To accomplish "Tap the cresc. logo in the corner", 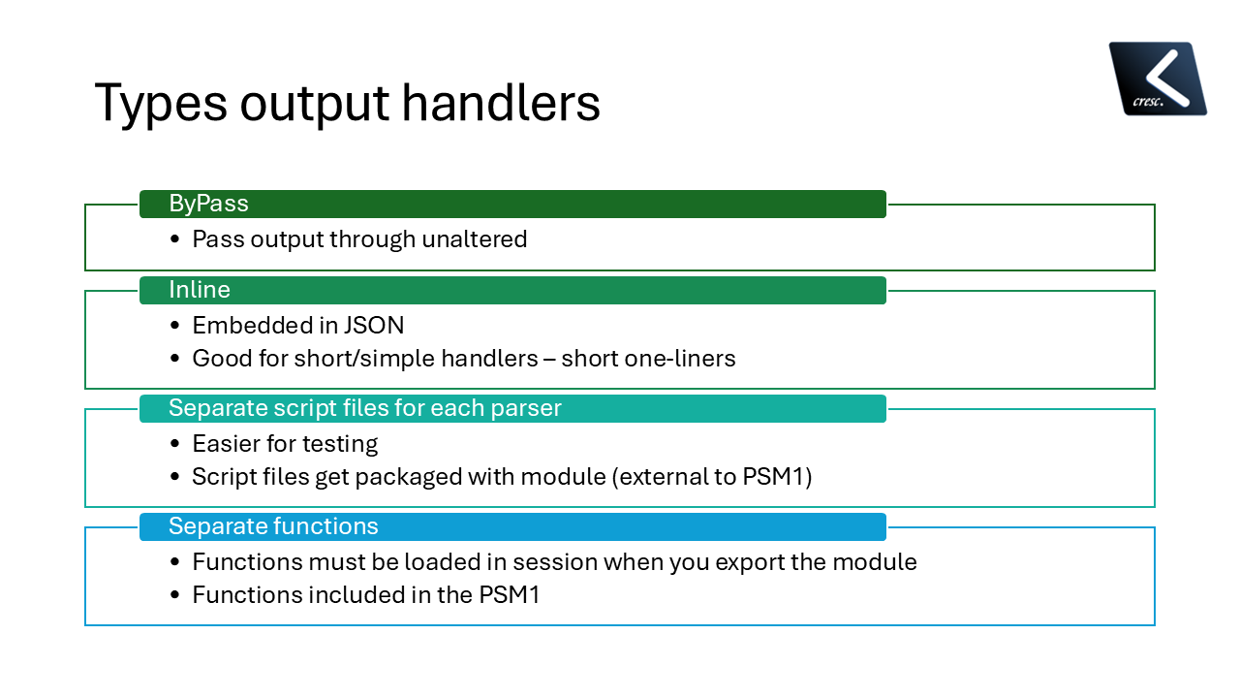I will click(1158, 79).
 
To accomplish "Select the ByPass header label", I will click(208, 204).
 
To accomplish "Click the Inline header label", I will click(200, 290).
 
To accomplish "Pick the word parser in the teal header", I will click(524, 408).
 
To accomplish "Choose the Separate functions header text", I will click(273, 526).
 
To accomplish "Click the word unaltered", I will click(474, 239).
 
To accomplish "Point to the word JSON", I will click(374, 326).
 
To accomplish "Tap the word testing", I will click(339, 444).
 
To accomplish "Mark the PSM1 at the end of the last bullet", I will click(510, 595).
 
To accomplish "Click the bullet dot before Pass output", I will click(174, 239).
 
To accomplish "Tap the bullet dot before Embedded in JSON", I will click(174, 326).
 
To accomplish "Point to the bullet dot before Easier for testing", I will click(174, 444).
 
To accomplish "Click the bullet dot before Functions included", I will click(174, 595).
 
